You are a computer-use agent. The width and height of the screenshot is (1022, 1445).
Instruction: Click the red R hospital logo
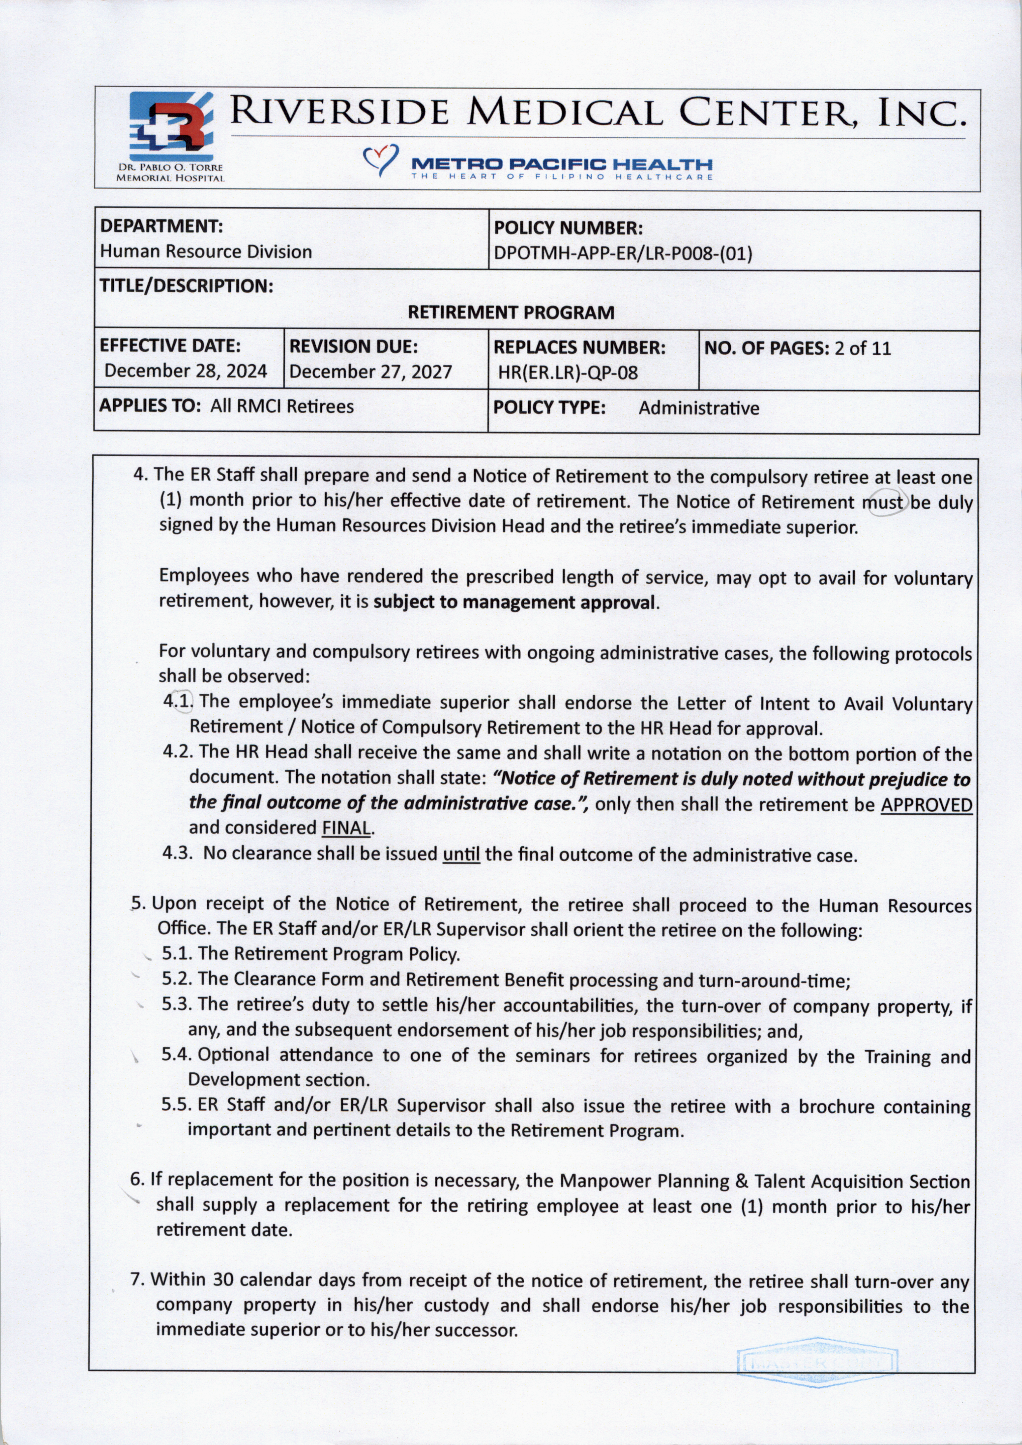click(171, 126)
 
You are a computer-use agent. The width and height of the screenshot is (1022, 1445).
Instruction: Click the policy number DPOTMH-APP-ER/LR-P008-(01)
click(623, 254)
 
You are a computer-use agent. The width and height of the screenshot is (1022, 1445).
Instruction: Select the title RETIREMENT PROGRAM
click(511, 313)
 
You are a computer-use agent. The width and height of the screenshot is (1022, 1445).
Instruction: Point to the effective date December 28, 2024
click(185, 371)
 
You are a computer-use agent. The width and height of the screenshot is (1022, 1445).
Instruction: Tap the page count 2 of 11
click(862, 349)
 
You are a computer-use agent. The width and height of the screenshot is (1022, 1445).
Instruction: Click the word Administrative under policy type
click(699, 408)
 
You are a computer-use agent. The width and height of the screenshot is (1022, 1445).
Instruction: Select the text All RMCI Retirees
click(282, 407)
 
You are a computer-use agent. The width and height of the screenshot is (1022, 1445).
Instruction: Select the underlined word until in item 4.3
click(461, 855)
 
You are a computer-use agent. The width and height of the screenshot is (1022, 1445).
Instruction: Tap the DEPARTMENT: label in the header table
click(162, 226)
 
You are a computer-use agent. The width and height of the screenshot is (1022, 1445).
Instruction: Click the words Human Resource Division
click(206, 252)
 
